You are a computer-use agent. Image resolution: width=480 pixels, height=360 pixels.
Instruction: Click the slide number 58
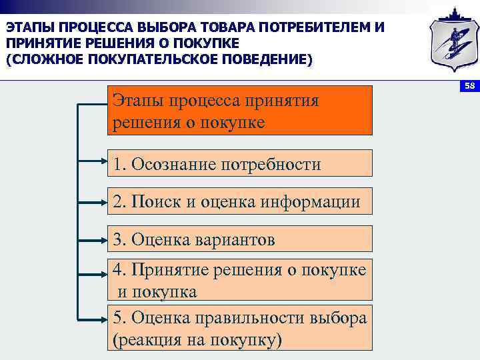469,87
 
